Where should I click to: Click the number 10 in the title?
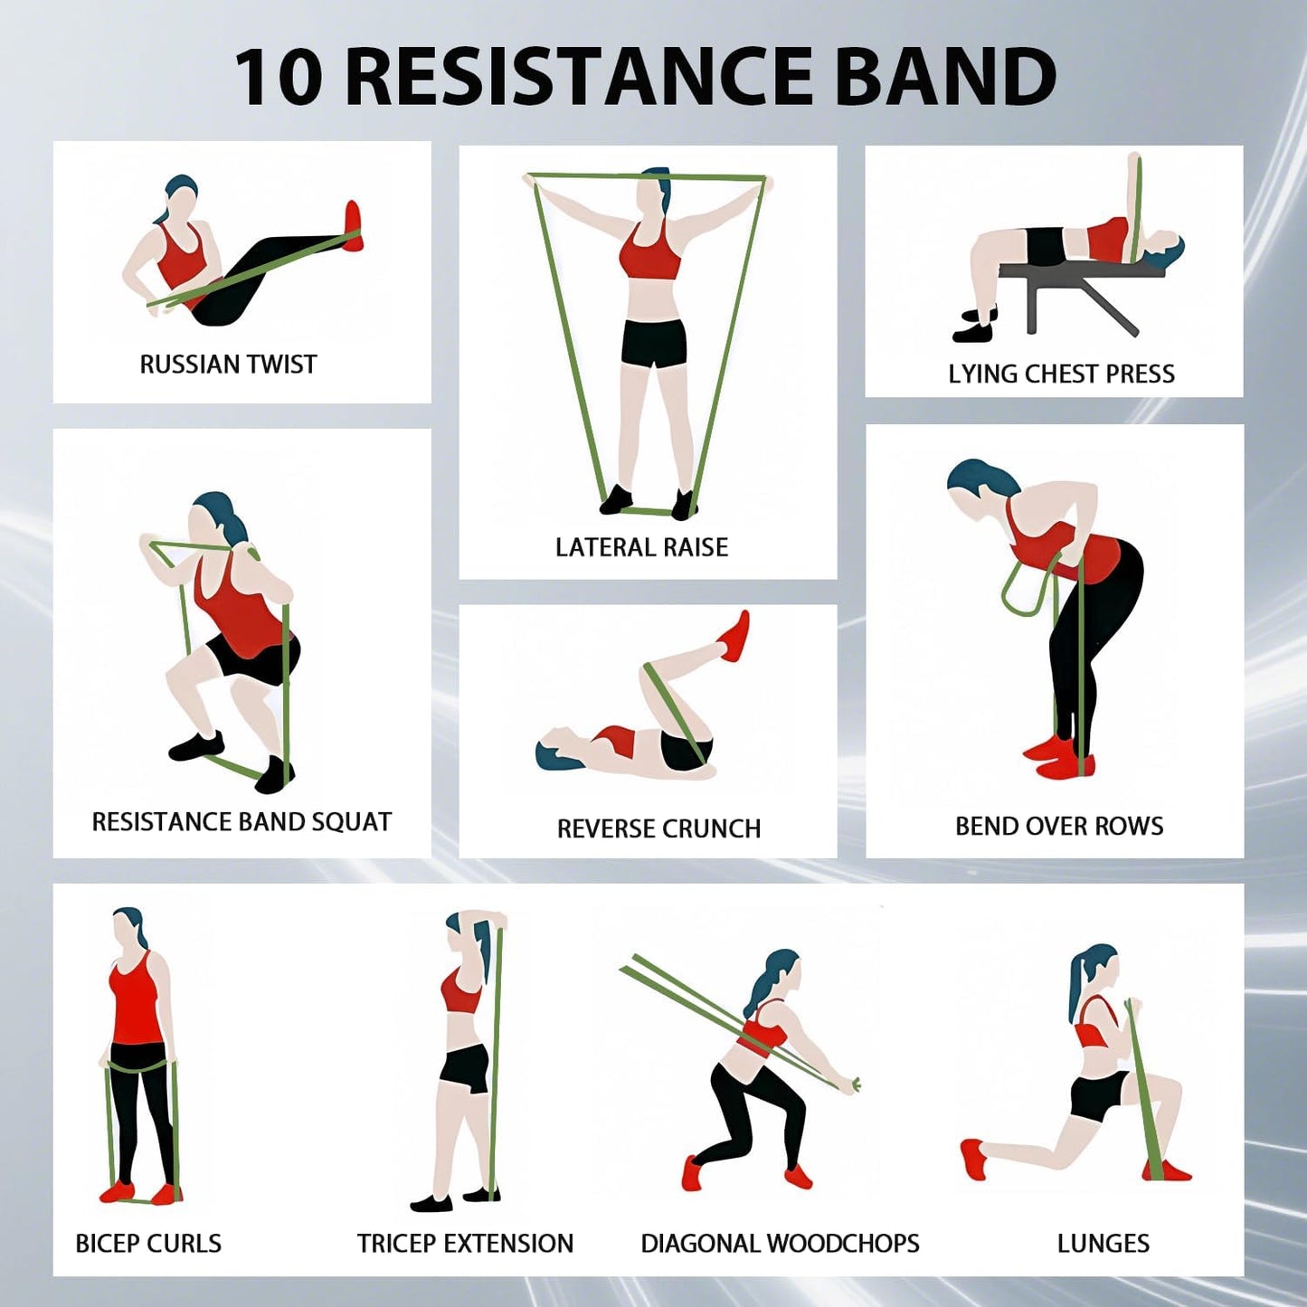point(279,76)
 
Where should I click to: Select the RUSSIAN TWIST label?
point(228,365)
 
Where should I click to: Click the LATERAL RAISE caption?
point(641,547)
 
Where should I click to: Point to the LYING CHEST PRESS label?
point(1061,374)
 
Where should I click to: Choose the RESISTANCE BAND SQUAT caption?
point(242,821)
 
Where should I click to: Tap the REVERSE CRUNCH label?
point(658,829)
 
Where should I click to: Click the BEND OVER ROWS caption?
point(1059,826)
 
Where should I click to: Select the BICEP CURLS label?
point(148,1244)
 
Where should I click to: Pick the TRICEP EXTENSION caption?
point(465,1244)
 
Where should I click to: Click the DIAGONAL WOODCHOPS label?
point(780,1244)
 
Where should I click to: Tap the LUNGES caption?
point(1103,1244)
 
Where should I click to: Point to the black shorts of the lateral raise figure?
point(653,343)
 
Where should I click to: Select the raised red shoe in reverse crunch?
point(735,637)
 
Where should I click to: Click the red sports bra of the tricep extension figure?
point(461,994)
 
